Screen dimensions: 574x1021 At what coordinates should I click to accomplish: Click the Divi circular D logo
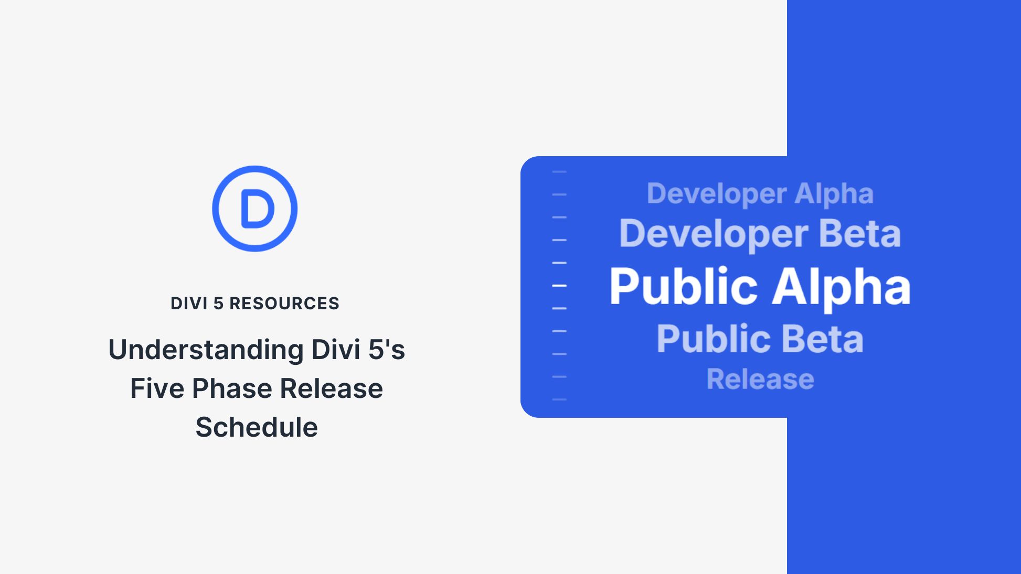(x=255, y=209)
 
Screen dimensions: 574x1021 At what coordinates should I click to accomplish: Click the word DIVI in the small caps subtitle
(x=189, y=304)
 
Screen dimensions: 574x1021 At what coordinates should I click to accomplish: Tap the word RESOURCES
(x=284, y=304)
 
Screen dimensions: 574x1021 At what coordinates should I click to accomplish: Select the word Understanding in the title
(x=206, y=350)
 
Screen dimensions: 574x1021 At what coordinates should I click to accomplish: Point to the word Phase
(x=232, y=388)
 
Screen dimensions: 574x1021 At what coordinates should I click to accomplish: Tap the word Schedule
(x=257, y=427)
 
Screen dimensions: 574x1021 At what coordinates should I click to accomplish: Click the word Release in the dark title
(x=331, y=388)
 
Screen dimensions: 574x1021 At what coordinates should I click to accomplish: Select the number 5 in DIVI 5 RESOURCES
(x=218, y=304)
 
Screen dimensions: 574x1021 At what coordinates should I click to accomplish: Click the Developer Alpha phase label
(x=760, y=193)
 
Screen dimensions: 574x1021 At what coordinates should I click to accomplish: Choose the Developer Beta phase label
(x=760, y=233)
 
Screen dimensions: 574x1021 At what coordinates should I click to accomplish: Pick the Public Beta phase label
(x=760, y=339)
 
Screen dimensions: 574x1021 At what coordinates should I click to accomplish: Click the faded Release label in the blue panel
(x=760, y=379)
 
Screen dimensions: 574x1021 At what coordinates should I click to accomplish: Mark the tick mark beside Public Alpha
(x=559, y=286)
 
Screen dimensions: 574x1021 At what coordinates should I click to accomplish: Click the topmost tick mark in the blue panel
(x=559, y=171)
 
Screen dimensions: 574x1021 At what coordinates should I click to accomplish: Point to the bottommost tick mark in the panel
(x=559, y=399)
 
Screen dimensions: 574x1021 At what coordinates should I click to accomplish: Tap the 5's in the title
(x=387, y=350)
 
